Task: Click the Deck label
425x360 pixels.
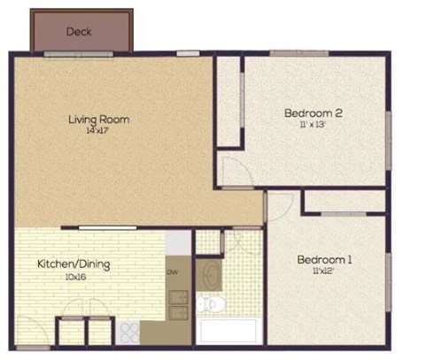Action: (79, 32)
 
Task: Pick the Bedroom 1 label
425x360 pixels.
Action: (324, 259)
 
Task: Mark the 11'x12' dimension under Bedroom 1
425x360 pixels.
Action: (325, 272)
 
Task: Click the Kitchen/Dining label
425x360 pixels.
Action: (73, 264)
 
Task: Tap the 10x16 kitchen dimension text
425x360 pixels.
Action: (73, 276)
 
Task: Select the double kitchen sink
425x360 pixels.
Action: (178, 307)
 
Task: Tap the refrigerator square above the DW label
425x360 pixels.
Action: (178, 241)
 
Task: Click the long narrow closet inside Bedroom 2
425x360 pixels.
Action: (229, 103)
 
